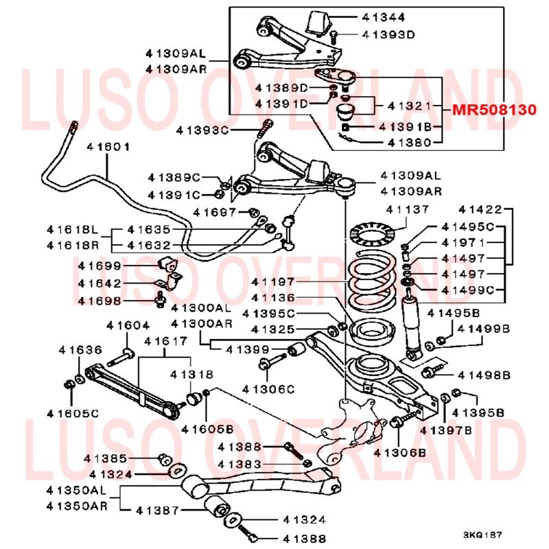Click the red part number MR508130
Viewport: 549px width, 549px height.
(x=493, y=110)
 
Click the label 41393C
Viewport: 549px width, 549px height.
(x=202, y=129)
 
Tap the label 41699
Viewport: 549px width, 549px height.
(x=99, y=266)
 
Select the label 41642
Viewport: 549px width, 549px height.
(x=99, y=283)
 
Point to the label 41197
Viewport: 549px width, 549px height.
(x=272, y=281)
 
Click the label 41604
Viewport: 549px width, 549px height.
(x=127, y=325)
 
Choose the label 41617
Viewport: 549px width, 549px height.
(x=165, y=340)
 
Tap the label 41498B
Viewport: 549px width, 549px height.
(x=484, y=375)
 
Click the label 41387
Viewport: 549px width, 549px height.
(x=159, y=511)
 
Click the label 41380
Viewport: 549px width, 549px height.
(x=409, y=143)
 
